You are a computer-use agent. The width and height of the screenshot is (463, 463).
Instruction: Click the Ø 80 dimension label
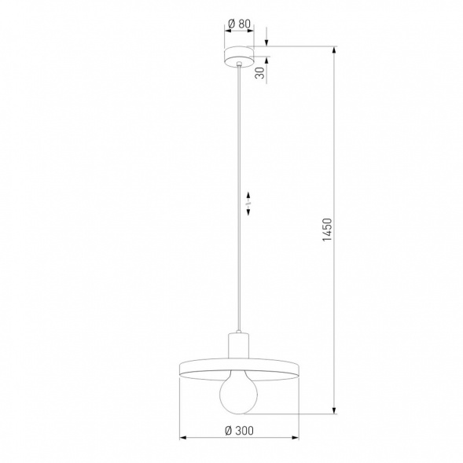(x=238, y=24)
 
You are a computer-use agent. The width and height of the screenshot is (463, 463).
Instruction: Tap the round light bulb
(x=237, y=392)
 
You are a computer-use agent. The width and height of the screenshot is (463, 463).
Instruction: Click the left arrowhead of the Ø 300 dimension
(x=184, y=437)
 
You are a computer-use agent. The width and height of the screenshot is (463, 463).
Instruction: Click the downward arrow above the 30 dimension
(x=266, y=42)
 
